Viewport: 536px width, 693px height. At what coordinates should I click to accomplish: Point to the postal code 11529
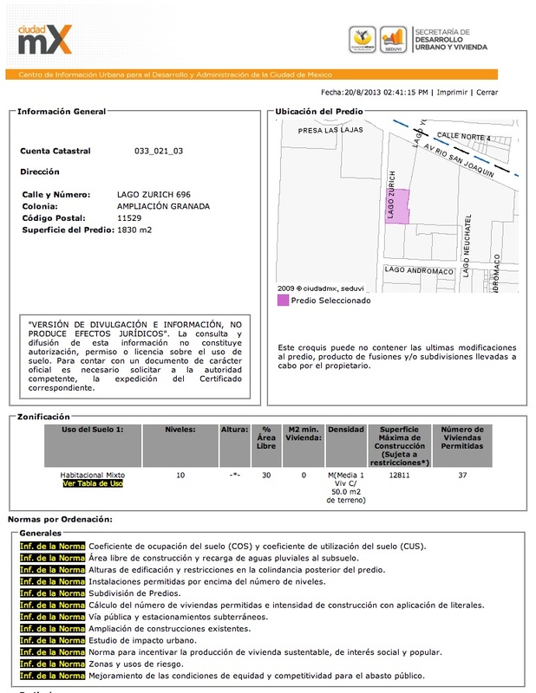click(130, 219)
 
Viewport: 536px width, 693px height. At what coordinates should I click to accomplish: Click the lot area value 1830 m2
click(134, 230)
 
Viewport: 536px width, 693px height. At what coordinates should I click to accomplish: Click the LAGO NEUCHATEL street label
click(467, 245)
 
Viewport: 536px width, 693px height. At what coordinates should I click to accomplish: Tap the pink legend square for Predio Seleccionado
click(282, 301)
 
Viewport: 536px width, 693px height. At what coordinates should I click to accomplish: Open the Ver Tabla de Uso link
click(92, 483)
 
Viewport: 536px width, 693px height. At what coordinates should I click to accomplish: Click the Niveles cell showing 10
click(180, 475)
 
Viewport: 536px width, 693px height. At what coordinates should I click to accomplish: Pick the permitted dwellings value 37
click(462, 475)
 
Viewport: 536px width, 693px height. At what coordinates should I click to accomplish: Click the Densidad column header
click(345, 429)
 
